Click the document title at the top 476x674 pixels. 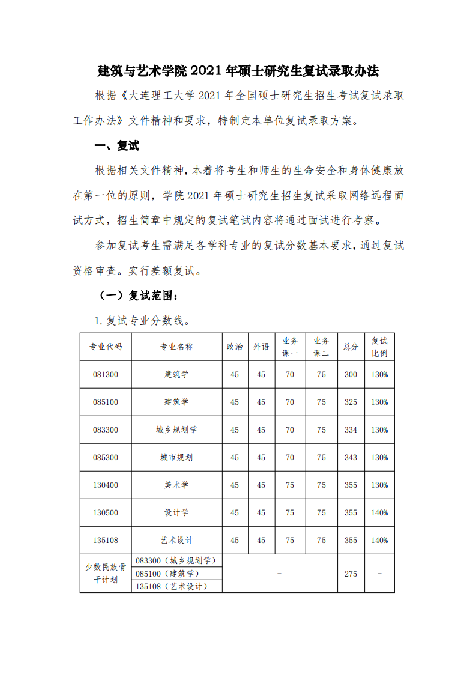tap(238, 71)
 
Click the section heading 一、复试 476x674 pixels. tap(118, 146)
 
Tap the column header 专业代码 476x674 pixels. tap(106, 347)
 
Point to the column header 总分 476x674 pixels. tap(351, 347)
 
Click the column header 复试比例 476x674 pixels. tap(379, 347)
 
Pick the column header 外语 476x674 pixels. tap(261, 347)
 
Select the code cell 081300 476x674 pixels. tap(106, 374)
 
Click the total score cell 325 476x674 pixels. tap(351, 402)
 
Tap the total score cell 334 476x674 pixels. tap(351, 430)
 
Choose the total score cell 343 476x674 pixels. tap(351, 457)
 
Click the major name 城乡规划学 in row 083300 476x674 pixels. tap(176, 430)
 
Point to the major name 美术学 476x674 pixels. tap(176, 485)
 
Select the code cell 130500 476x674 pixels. tap(106, 512)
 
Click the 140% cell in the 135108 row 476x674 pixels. tap(379, 540)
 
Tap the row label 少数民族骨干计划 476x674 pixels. tap(106, 573)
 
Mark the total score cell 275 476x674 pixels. tap(351, 574)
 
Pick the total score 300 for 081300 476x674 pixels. tap(351, 374)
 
